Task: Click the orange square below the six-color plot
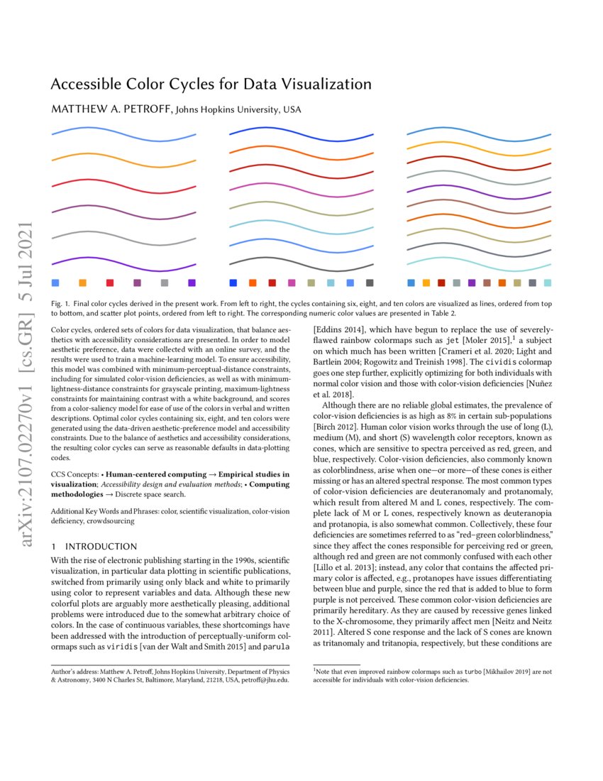click(82, 283)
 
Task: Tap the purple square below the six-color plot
click(192, 283)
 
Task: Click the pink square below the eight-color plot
click(292, 283)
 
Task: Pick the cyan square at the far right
click(548, 283)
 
